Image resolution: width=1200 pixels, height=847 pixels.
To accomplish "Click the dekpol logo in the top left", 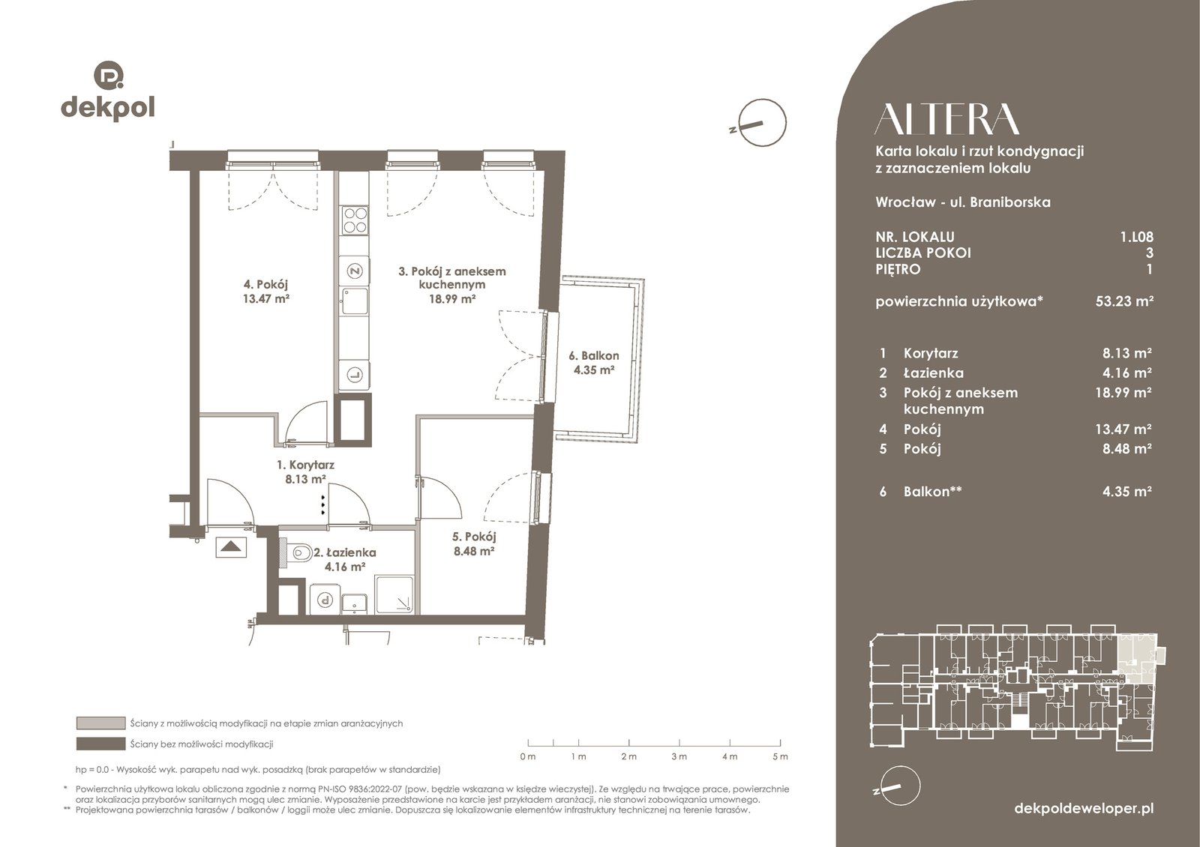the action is point(108,91).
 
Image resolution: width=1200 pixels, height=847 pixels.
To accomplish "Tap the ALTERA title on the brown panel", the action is point(946,119).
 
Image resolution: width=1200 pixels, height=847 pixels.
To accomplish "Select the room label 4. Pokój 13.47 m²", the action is point(265,292).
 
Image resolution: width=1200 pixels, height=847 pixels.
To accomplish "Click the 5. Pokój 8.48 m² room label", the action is point(473,543).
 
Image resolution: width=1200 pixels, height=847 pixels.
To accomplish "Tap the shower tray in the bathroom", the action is point(394,594).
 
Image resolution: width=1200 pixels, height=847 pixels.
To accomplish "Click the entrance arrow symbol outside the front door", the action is point(231,548).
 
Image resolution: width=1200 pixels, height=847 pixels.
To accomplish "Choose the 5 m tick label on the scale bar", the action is point(781,756).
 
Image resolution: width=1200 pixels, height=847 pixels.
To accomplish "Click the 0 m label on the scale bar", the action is point(528,756).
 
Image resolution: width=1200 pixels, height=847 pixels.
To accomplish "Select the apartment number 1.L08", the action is point(1136,237).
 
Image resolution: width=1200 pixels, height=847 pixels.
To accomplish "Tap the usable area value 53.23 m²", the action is point(1124,301).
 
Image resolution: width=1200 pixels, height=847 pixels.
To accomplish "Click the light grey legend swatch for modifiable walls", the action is point(100,723).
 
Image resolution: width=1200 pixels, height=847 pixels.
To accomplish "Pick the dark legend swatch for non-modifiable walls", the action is point(100,744).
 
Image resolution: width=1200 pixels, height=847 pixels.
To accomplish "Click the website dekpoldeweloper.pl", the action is point(1084,809).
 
